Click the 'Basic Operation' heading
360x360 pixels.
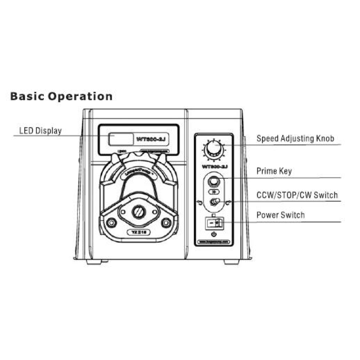pos(61,96)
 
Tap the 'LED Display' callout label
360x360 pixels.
pos(40,131)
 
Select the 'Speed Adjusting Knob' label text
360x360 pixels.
pos(295,139)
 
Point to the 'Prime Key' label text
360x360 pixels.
pos(274,171)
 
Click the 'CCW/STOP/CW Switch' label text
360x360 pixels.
pos(297,195)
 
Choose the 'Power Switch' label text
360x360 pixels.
pos(280,215)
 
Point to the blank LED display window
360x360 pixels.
pos(121,139)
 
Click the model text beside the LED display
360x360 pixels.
pos(152,139)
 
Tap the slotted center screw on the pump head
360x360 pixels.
pos(139,211)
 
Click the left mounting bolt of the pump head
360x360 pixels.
pos(111,222)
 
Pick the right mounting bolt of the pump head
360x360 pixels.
pos(167,222)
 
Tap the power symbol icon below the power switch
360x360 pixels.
pos(214,234)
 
